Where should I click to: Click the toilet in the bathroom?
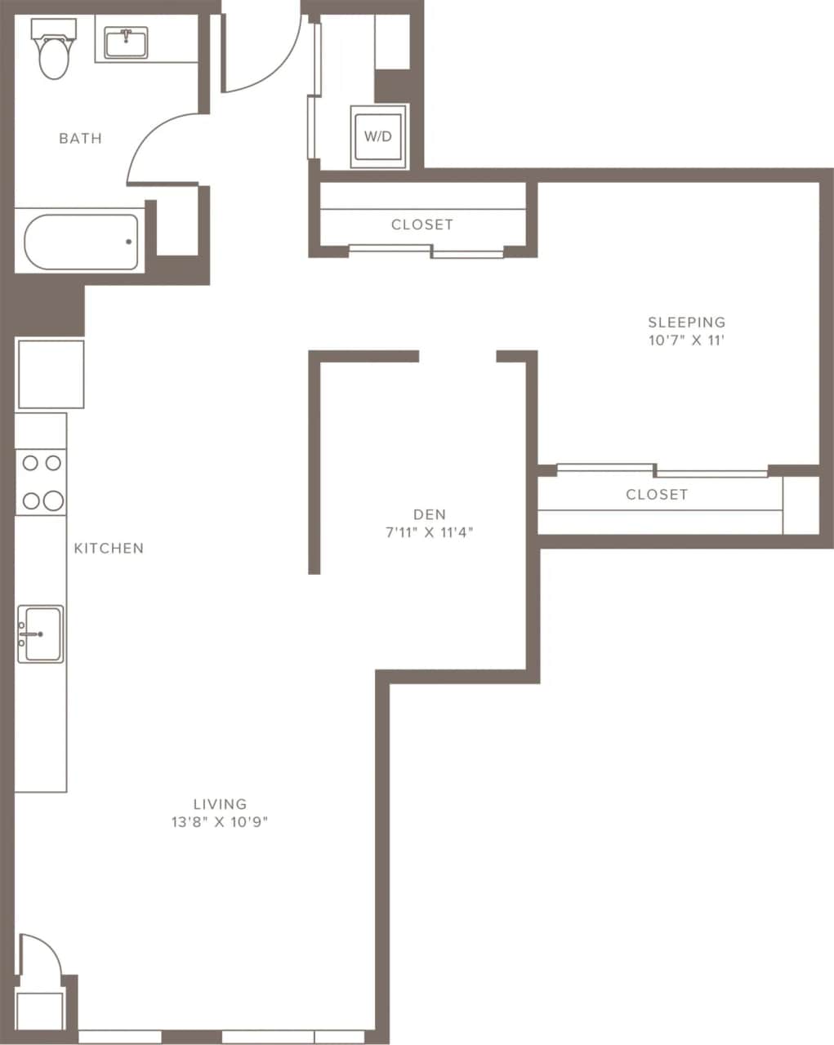click(x=53, y=52)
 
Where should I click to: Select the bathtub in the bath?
click(x=81, y=242)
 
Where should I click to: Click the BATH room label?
click(x=80, y=139)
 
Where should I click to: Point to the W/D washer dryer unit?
click(x=378, y=136)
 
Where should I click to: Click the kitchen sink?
click(x=40, y=634)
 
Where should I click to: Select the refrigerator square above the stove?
click(x=51, y=374)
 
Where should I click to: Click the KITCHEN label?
click(x=109, y=549)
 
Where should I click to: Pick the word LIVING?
click(x=220, y=804)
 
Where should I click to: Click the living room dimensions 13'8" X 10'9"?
click(x=220, y=823)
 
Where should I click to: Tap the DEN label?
click(x=430, y=514)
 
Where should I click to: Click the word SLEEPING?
click(x=686, y=322)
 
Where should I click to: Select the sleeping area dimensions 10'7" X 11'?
click(x=686, y=341)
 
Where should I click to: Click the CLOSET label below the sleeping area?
click(x=657, y=495)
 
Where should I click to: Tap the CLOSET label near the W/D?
click(x=421, y=225)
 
